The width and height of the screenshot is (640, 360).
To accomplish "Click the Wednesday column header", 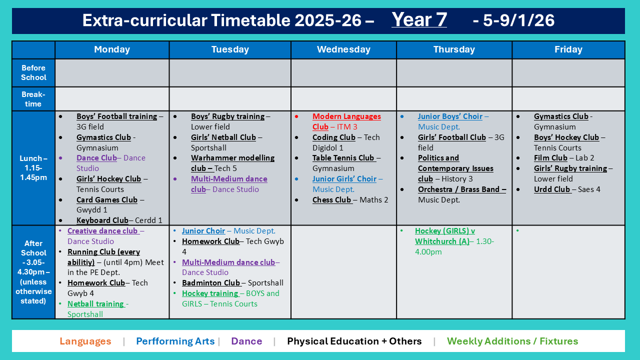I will pyautogui.click(x=343, y=49).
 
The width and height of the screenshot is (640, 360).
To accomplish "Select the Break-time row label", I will pyautogui.click(x=33, y=99).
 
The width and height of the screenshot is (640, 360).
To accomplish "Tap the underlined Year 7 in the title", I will pyautogui.click(x=419, y=20).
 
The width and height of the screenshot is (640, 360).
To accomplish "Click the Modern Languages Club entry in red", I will pyautogui.click(x=346, y=116).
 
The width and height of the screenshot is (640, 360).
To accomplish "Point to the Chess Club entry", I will pyautogui.click(x=332, y=200).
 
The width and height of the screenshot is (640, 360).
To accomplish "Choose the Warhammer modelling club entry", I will pyautogui.click(x=232, y=158).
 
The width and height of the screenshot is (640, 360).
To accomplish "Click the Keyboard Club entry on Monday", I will pyautogui.click(x=102, y=220).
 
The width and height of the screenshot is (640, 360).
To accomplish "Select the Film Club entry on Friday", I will pyautogui.click(x=550, y=158).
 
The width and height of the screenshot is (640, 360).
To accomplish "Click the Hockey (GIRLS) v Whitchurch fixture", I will pyautogui.click(x=444, y=236).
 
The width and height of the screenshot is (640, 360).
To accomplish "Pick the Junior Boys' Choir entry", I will pyautogui.click(x=450, y=116).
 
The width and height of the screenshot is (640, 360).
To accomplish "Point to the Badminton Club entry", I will pyautogui.click(x=211, y=283).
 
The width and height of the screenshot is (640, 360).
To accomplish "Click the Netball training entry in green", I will pyautogui.click(x=95, y=304).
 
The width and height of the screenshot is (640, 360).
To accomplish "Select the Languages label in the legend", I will pyautogui.click(x=85, y=341).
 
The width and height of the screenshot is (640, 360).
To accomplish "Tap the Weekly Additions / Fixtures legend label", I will pyautogui.click(x=512, y=341).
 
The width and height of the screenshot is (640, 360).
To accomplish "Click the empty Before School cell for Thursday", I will pyautogui.click(x=454, y=73).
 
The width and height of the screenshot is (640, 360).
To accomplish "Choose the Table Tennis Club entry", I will pyautogui.click(x=343, y=158).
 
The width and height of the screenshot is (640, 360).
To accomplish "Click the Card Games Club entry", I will pyautogui.click(x=106, y=200).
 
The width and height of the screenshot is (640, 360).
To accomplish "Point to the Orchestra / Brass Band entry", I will pyautogui.click(x=461, y=189).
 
